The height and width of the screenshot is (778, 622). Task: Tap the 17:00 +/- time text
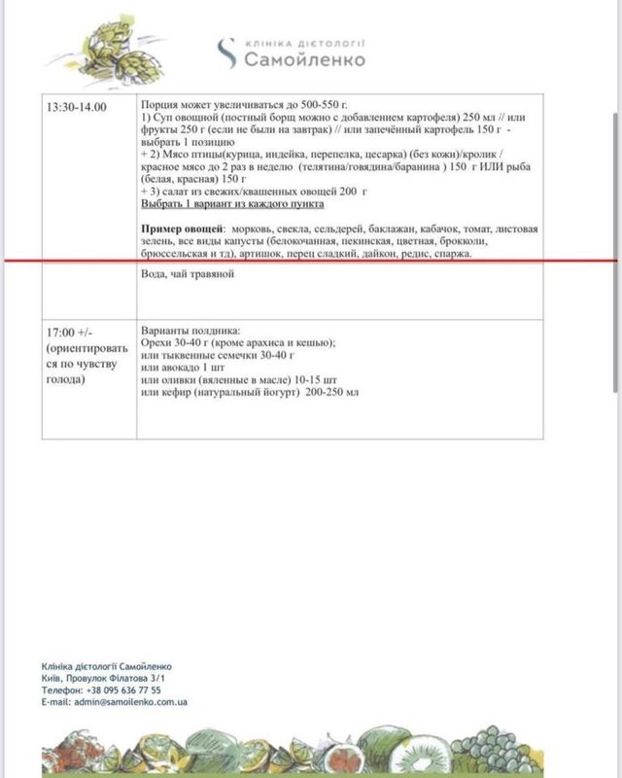tap(68, 329)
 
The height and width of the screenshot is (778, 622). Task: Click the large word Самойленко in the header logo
tap(304, 60)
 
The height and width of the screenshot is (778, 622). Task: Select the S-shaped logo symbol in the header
tap(225, 53)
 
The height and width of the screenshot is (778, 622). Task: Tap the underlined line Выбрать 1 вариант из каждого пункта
tap(232, 205)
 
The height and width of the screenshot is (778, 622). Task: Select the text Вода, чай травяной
tap(189, 274)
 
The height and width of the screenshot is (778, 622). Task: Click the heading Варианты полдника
tap(190, 330)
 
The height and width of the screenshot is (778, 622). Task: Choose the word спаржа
tap(451, 253)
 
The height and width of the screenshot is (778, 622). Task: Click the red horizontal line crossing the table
tap(311, 261)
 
